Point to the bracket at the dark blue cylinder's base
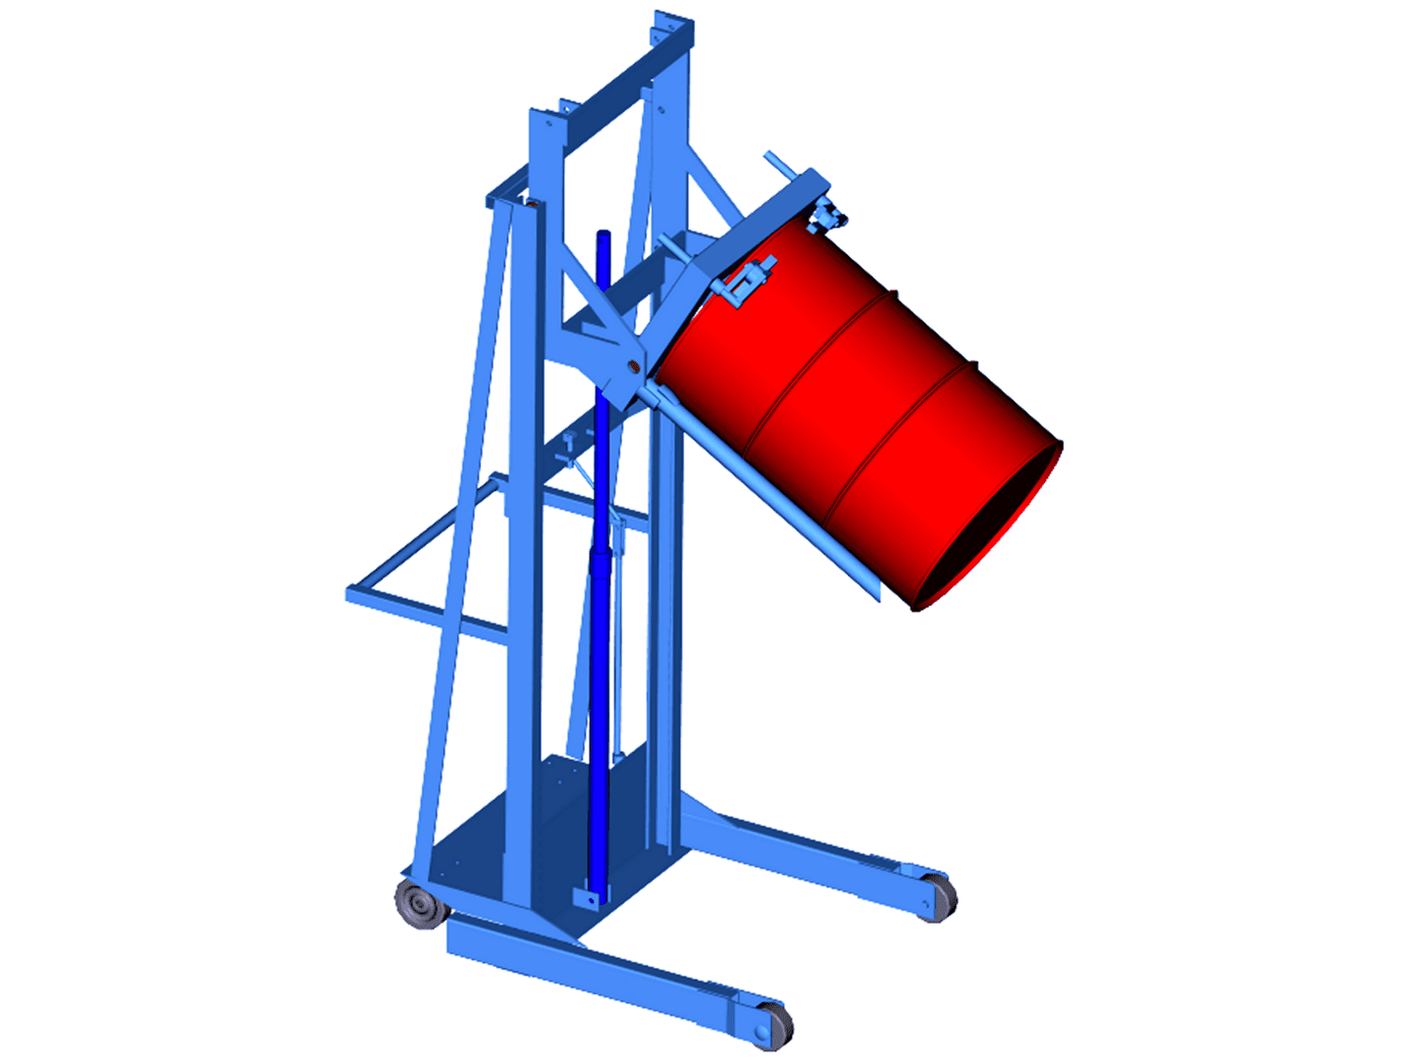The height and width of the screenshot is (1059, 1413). click(x=588, y=897)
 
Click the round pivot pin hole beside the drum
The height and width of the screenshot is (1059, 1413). click(x=633, y=369)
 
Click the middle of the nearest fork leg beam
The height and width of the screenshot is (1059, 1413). click(x=608, y=971)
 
